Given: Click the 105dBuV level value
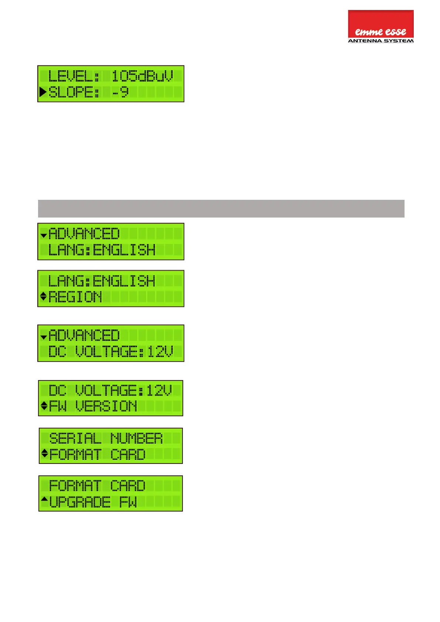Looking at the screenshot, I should point(142,76).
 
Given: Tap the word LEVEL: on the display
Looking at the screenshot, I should point(74,76).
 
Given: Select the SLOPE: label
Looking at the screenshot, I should point(74,92).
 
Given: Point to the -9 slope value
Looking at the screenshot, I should point(120,92).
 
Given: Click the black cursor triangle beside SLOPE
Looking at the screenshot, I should point(43,92).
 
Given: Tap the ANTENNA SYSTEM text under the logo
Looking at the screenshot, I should point(381,41).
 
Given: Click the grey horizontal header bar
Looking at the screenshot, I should point(221,209).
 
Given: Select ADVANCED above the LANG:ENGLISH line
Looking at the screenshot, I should point(84,234).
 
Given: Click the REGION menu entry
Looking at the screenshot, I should point(75,297).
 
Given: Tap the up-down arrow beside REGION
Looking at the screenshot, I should point(43,296).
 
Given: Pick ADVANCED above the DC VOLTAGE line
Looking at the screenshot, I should point(84,335).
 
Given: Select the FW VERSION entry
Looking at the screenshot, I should point(93,406).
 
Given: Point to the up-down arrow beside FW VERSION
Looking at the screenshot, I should point(44,406).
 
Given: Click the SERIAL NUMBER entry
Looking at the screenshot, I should point(106,438).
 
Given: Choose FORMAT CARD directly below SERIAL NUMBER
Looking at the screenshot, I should point(97,454).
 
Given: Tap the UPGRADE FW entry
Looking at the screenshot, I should point(93,502).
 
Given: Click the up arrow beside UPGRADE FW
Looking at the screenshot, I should point(44,499).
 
